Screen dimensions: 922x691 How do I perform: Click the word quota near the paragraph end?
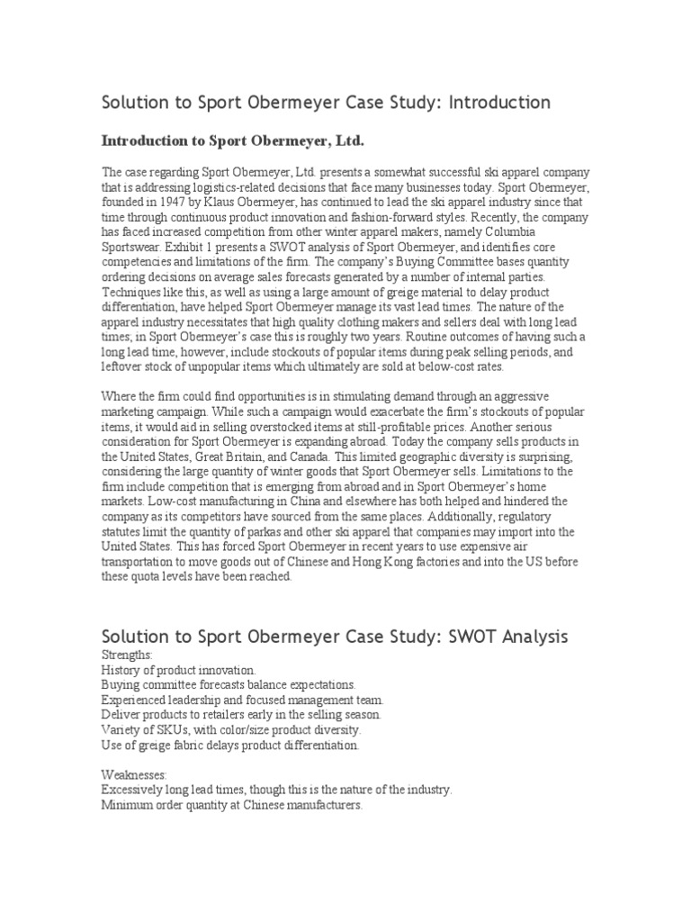148,577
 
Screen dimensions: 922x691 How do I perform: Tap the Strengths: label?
127,655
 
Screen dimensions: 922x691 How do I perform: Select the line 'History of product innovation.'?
179,671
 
